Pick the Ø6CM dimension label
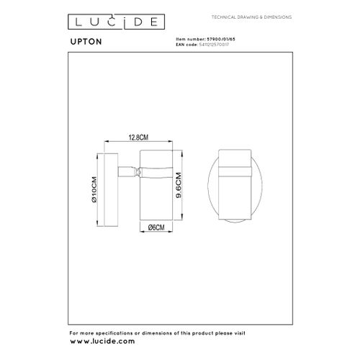click(x=156, y=228)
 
